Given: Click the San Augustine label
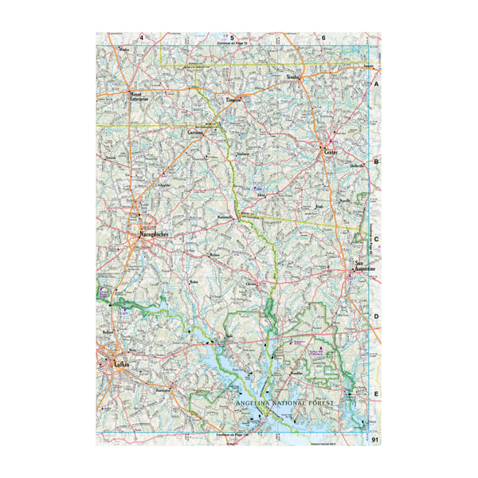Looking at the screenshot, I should coord(364,268).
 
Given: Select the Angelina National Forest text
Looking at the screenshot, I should coord(286,404).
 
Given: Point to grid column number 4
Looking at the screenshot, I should coord(142,37).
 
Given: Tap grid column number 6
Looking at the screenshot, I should coord(324,37).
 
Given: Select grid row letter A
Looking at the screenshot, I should coord(377,84).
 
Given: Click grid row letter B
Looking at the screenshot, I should coord(377,160).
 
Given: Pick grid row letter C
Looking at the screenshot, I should coord(377,238).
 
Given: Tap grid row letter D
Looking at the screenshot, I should coord(377,316).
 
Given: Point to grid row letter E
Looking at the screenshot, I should coord(377,393).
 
